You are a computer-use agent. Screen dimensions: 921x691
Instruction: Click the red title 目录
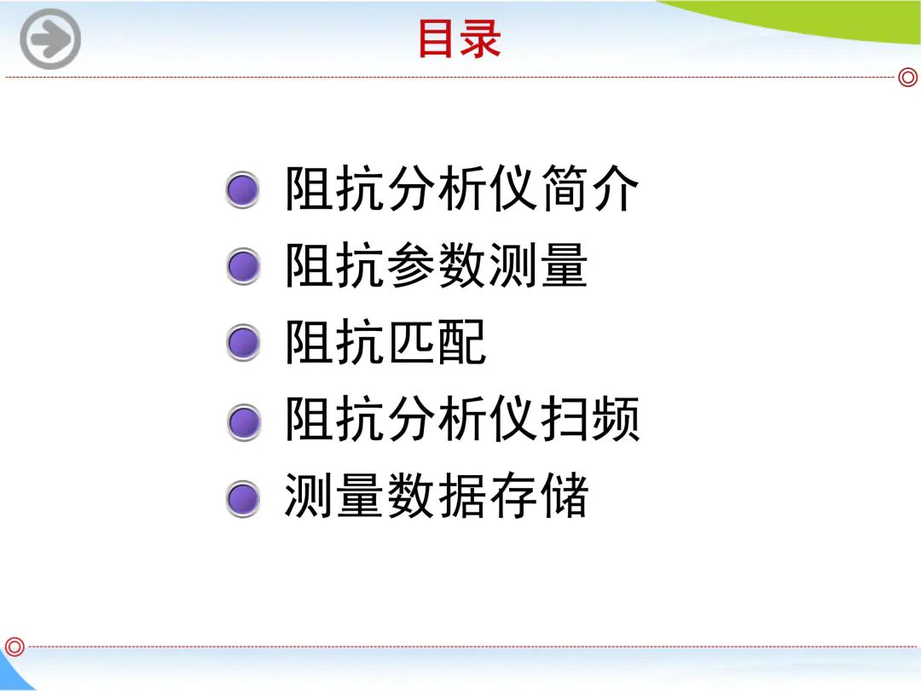tap(460, 38)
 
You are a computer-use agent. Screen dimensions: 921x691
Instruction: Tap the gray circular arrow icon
tap(50, 38)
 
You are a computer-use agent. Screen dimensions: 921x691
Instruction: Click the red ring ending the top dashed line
tap(908, 77)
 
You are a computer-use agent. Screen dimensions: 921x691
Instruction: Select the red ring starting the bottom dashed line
tap(14, 647)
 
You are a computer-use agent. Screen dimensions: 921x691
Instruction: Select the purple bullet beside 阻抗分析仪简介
tap(242, 189)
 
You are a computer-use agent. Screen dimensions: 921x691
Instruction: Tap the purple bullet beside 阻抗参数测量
tap(242, 266)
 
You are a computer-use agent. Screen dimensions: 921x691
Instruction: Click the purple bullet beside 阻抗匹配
tap(242, 343)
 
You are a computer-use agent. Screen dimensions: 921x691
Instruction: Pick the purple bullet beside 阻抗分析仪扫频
tap(242, 422)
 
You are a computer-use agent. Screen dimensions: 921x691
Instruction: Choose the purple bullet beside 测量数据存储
tap(242, 499)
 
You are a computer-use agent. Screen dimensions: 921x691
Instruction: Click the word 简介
tap(589, 188)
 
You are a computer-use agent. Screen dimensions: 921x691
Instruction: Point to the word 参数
tap(436, 265)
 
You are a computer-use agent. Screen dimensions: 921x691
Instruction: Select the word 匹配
tap(436, 342)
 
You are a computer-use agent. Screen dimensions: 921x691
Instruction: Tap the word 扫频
tap(589, 418)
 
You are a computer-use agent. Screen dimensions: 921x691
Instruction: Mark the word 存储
tap(538, 496)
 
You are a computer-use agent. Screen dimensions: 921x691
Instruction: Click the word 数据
tap(436, 496)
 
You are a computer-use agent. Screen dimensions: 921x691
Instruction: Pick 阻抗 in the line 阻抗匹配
tap(335, 342)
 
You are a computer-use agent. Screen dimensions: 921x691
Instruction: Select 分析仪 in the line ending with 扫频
tap(461, 418)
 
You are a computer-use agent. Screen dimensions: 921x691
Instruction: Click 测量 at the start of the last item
tap(333, 496)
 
